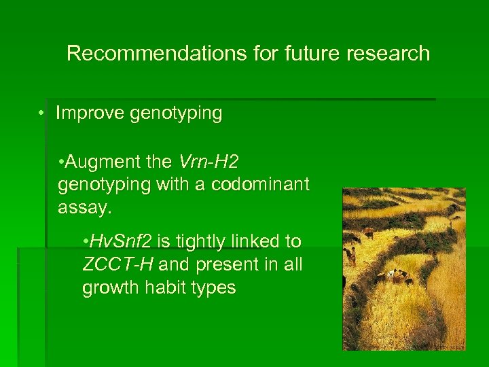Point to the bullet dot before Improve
pos(42,113)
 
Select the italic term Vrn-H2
pos(209,162)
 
